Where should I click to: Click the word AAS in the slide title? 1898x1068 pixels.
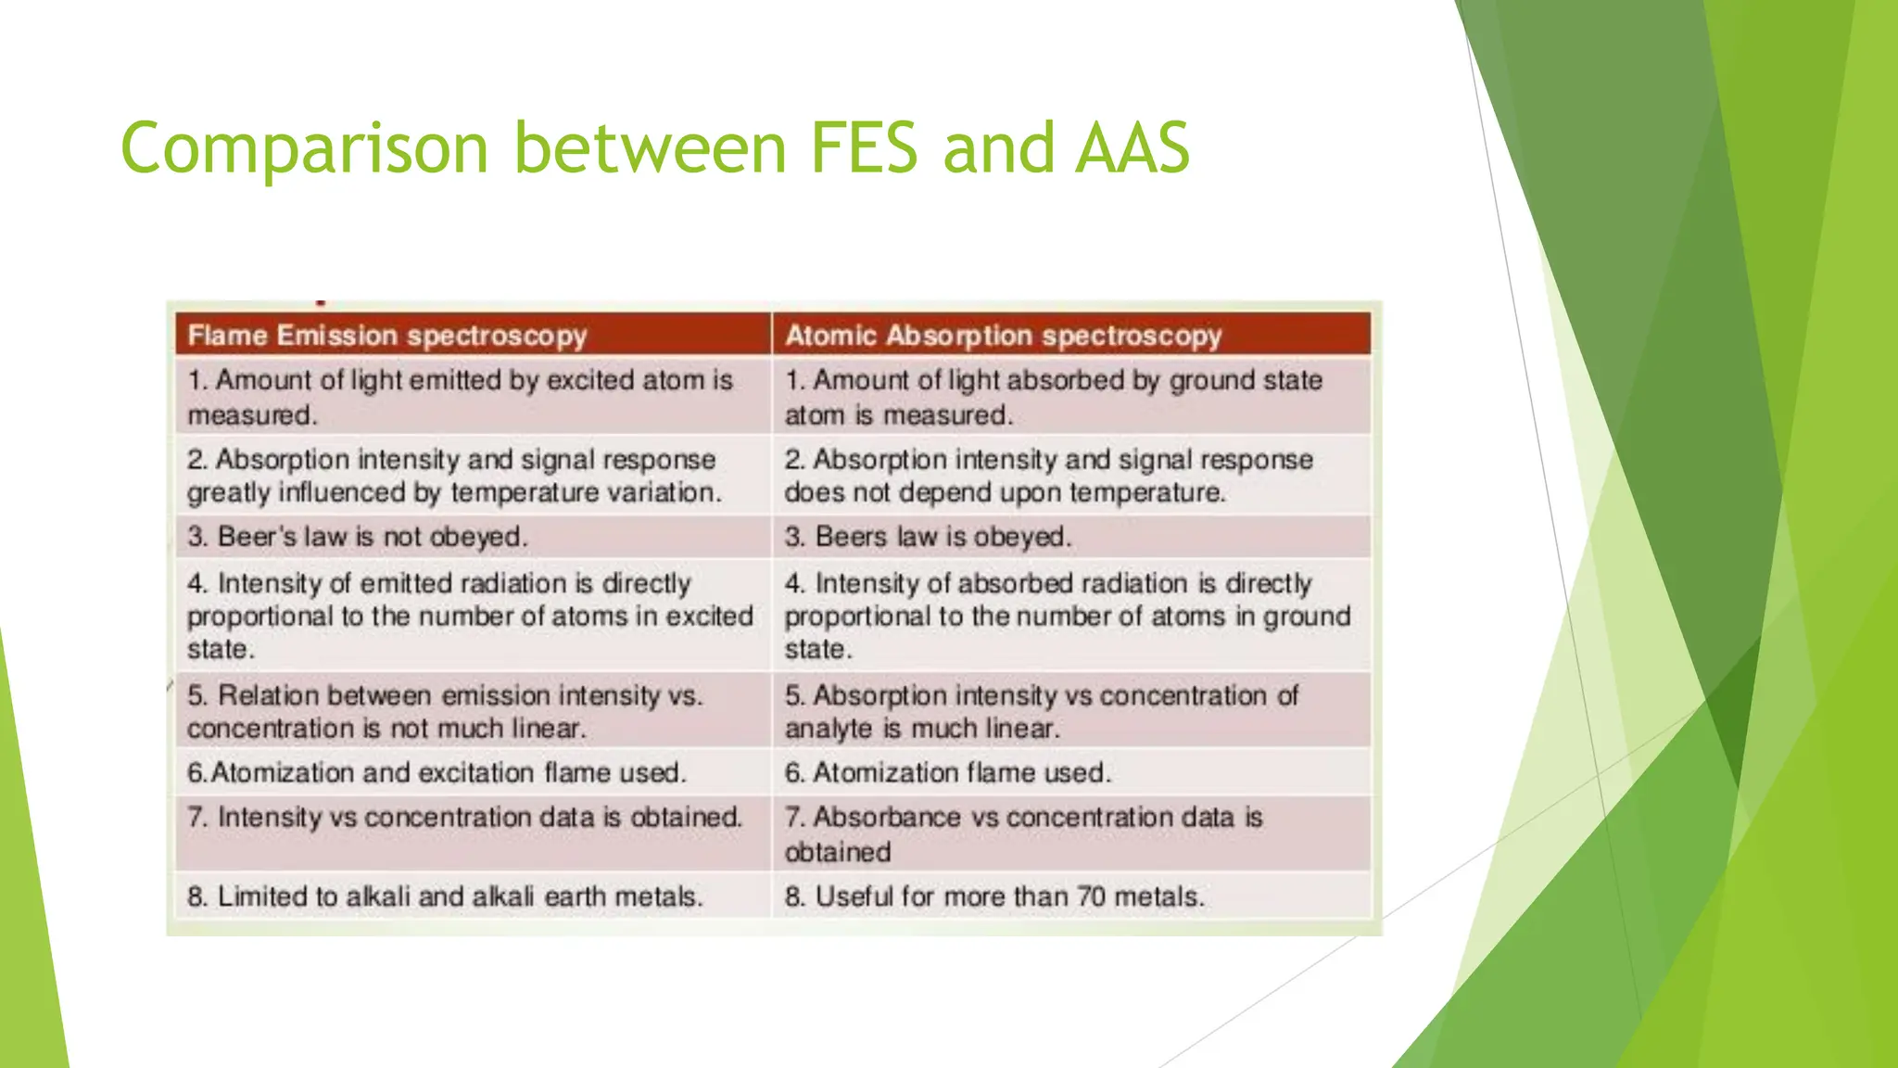coord(1132,148)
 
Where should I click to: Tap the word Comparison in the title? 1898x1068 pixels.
coord(304,148)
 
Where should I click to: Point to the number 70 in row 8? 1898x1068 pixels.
coord(1091,896)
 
